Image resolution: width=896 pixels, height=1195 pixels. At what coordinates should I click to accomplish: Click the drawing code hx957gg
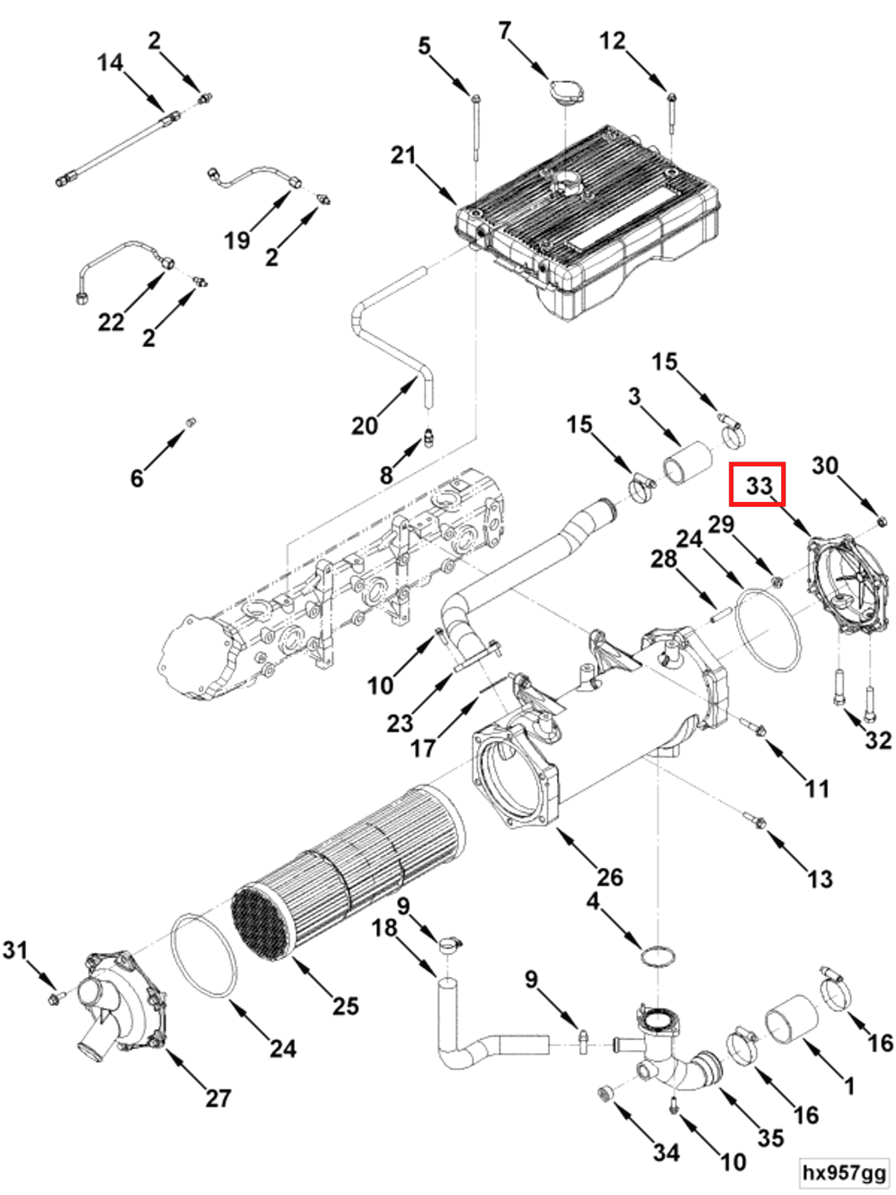844,1172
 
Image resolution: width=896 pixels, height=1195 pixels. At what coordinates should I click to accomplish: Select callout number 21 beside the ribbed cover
403,156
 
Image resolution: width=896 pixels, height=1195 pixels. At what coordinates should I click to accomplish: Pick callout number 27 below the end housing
218,1098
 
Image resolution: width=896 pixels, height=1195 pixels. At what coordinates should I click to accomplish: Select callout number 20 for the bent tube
365,426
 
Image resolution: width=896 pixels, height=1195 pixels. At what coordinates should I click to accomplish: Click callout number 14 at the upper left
110,63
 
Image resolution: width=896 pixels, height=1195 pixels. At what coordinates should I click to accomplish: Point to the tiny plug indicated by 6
190,422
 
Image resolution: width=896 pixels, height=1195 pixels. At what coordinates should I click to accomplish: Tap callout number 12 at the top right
612,41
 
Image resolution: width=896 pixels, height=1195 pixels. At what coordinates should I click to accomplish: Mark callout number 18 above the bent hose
385,928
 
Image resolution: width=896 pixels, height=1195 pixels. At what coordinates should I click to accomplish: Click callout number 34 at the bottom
666,1152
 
